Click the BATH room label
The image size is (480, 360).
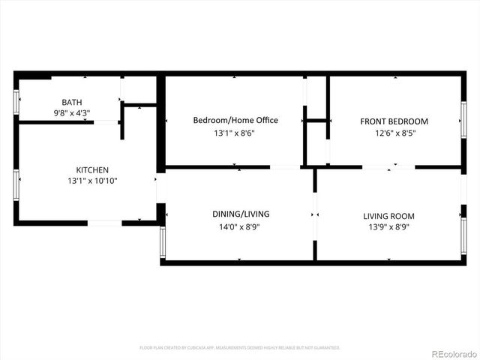(72, 102)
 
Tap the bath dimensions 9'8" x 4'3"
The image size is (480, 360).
(72, 113)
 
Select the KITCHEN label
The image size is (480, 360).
(92, 170)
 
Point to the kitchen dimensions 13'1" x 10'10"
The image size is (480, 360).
(92, 181)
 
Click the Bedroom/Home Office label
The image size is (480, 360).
(235, 120)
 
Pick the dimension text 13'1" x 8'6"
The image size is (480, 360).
(235, 134)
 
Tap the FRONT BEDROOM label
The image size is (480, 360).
(394, 121)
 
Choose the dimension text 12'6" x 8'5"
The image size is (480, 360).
(394, 134)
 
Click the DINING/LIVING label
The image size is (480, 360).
(240, 214)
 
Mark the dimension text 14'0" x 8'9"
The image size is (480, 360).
(240, 226)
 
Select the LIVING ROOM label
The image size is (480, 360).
(388, 216)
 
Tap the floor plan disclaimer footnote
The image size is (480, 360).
(240, 348)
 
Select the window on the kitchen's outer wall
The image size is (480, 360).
(16, 184)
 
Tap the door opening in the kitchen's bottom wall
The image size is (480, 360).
(105, 223)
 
